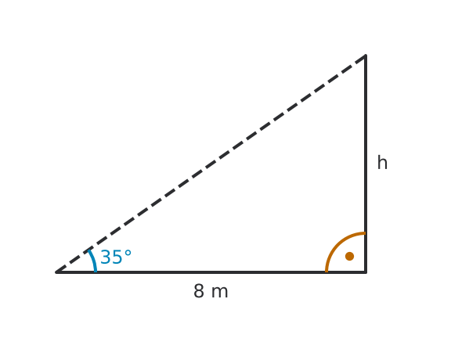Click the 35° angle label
point(116,257)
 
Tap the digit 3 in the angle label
point(106,257)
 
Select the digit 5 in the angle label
point(117,257)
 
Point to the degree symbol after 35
point(128,254)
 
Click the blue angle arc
point(93,261)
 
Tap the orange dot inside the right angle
point(349,256)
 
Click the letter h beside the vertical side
point(382,163)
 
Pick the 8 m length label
point(211,291)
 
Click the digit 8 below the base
point(199,291)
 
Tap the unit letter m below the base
point(220,293)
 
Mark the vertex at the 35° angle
point(56,272)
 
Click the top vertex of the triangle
point(366,56)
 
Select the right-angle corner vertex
point(366,272)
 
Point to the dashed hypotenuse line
point(211,164)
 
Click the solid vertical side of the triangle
point(366,164)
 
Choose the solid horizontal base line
point(211,272)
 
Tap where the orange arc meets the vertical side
point(366,233)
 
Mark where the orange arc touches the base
point(327,272)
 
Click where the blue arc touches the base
point(96,272)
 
